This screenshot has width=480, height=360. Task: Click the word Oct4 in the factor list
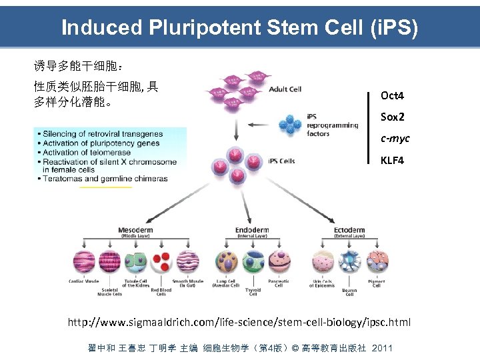(x=392, y=96)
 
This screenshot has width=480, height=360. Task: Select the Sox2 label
(x=392, y=117)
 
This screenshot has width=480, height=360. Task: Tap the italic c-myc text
(x=395, y=139)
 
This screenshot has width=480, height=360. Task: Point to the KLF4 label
(x=392, y=161)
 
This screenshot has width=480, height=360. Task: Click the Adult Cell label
(x=285, y=89)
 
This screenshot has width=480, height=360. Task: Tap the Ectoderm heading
(x=349, y=230)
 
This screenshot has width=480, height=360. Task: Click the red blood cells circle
(x=161, y=261)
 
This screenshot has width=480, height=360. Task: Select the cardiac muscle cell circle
(x=84, y=261)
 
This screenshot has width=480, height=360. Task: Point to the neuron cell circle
(x=349, y=261)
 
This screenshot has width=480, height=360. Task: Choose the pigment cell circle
(x=377, y=261)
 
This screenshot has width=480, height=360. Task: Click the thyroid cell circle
(x=253, y=261)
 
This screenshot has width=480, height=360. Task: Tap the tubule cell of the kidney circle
(x=135, y=261)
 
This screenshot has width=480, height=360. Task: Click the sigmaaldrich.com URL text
(x=239, y=323)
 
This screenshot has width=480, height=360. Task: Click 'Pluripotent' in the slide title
(x=204, y=27)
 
